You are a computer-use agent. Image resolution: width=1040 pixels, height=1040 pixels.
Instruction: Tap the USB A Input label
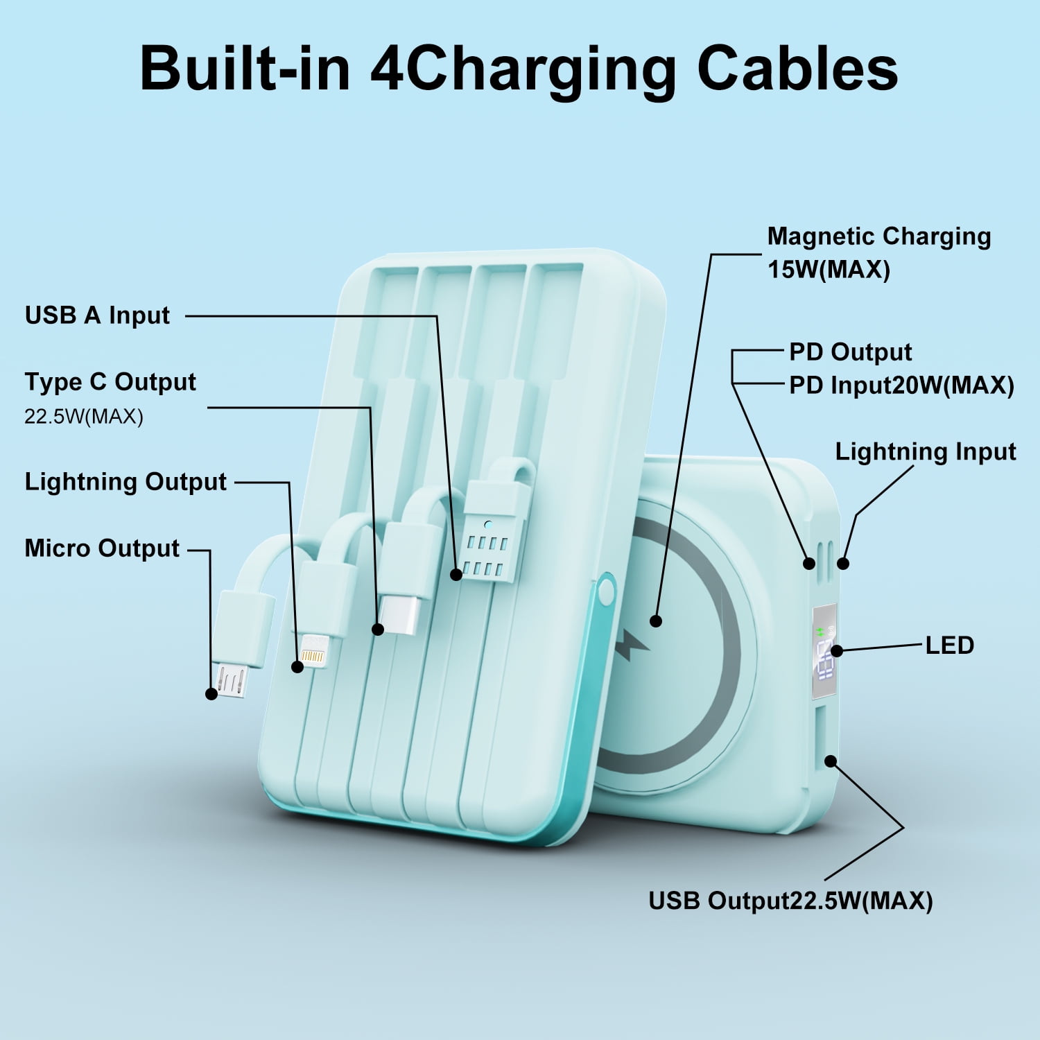point(97,315)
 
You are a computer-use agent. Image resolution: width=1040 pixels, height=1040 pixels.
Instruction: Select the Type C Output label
point(110,382)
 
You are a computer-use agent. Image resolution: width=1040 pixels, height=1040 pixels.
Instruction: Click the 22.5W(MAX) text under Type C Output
point(84,417)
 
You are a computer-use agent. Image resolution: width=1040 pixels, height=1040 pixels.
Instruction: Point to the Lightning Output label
point(125,482)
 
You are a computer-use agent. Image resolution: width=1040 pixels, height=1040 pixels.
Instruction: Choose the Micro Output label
point(102,548)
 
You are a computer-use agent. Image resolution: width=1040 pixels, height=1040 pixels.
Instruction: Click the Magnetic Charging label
point(878,236)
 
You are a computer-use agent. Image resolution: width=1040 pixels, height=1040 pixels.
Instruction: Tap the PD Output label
point(850,352)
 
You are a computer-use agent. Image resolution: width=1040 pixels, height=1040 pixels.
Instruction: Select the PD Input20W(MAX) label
point(901,385)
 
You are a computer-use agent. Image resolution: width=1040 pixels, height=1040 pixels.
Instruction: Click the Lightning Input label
point(925,452)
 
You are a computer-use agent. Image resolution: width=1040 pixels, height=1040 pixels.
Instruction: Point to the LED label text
point(950,645)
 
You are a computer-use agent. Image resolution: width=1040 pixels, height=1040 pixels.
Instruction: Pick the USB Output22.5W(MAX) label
point(790,901)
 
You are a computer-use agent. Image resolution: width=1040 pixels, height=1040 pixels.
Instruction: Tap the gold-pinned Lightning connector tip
point(313,655)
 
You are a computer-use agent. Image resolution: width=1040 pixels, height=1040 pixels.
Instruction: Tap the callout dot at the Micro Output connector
point(211,693)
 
